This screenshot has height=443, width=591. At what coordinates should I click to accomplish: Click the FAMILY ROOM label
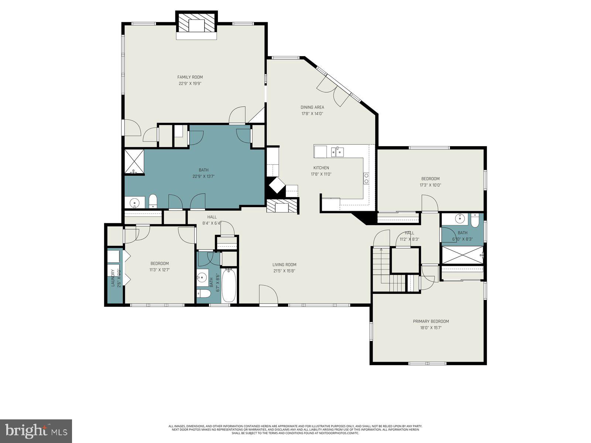(190, 77)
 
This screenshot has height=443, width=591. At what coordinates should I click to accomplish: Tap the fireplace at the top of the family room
(196, 26)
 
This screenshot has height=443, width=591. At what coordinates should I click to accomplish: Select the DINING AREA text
(312, 107)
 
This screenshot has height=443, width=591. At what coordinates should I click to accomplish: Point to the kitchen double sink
(338, 151)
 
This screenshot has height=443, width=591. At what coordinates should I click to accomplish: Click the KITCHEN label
(321, 168)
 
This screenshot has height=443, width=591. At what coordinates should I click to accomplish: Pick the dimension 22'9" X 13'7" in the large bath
(204, 176)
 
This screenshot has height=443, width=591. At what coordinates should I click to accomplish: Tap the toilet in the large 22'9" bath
(153, 202)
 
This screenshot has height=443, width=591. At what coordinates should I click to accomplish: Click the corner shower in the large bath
(134, 161)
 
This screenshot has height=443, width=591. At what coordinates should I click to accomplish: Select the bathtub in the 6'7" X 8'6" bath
(229, 285)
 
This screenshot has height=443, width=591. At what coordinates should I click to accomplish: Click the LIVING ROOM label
(284, 265)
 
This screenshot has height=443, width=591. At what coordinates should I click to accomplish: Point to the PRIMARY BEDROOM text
(431, 322)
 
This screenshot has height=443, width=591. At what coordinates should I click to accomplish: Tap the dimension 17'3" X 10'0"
(430, 185)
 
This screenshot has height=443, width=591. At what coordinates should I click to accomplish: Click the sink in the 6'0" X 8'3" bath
(460, 219)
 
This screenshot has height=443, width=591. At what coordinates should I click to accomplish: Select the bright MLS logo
(36, 430)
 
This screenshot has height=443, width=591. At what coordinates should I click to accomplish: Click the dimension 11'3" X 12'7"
(160, 270)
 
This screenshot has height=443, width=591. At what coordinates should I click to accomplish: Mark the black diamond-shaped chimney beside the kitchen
(276, 186)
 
